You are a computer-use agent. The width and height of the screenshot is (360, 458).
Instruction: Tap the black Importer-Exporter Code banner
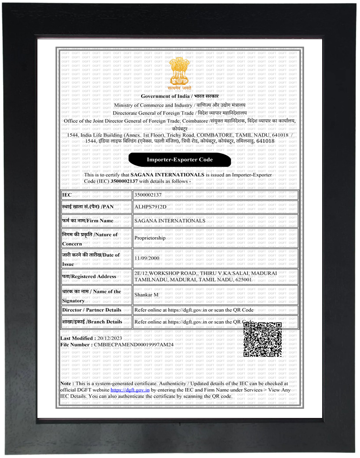click(x=180, y=160)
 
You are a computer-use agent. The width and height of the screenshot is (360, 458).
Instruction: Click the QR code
click(x=262, y=339)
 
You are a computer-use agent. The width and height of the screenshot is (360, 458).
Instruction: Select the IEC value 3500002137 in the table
click(x=148, y=194)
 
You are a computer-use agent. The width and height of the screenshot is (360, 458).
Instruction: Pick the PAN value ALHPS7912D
click(x=151, y=207)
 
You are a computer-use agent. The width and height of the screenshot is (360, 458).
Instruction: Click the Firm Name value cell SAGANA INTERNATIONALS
click(x=170, y=220)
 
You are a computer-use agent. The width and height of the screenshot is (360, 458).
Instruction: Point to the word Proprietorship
click(x=150, y=238)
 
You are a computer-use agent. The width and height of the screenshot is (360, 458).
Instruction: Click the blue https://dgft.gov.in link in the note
click(x=130, y=390)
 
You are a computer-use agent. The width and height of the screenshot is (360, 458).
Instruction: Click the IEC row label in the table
click(x=67, y=194)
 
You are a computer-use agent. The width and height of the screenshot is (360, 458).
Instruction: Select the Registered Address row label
click(x=89, y=276)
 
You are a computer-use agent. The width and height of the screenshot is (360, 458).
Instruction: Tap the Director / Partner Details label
click(x=92, y=310)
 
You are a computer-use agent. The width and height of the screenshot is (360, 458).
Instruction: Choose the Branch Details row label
click(x=92, y=322)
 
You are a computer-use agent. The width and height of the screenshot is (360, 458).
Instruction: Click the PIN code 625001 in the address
click(x=242, y=279)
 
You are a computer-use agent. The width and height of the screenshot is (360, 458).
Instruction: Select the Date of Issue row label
click(x=91, y=259)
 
